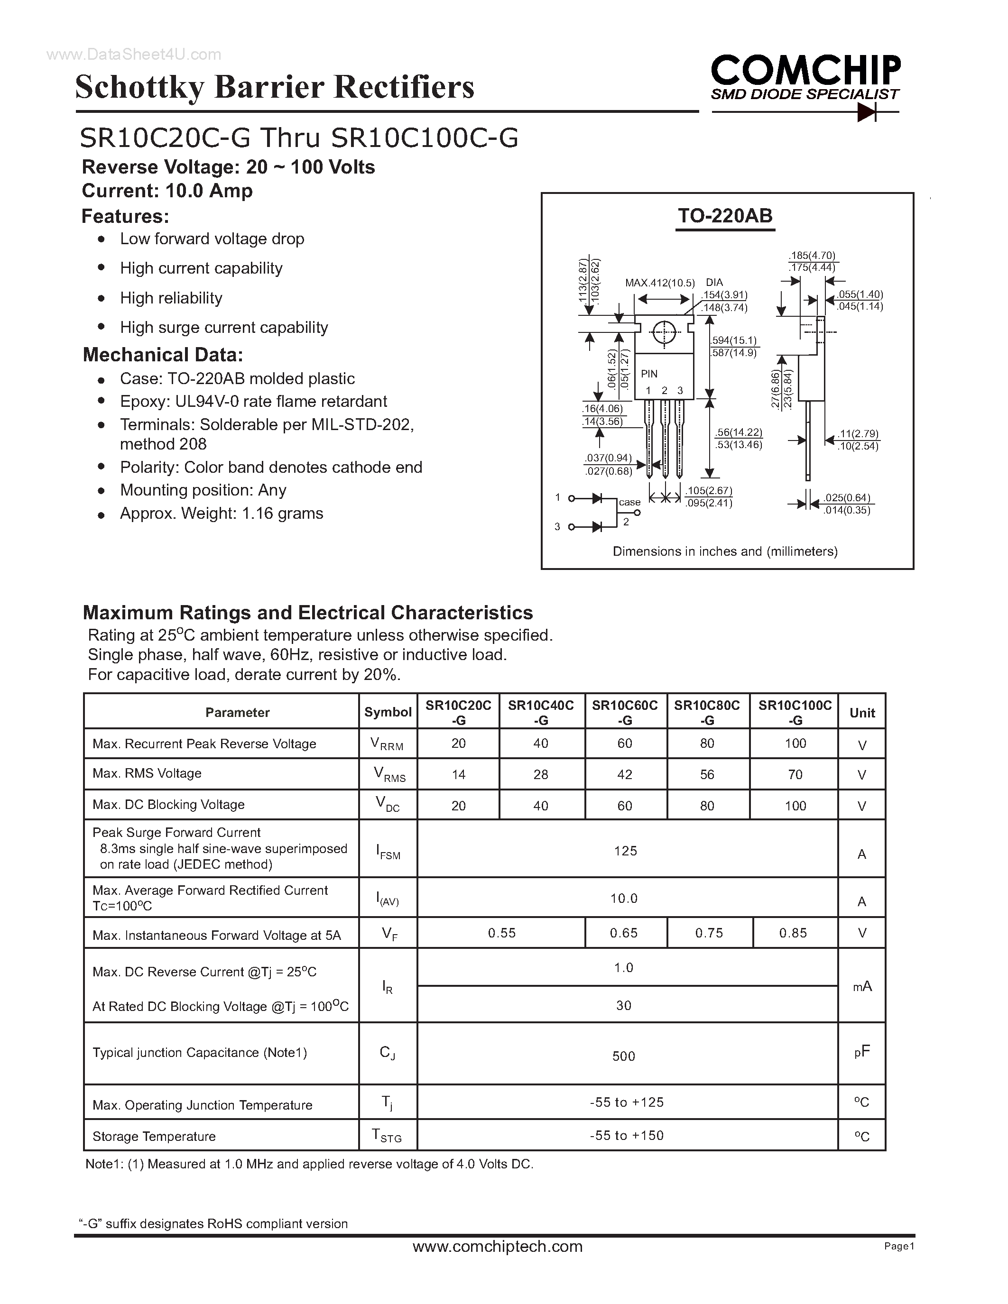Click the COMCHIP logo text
point(805,71)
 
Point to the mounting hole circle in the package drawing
point(664,332)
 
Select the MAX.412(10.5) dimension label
point(660,283)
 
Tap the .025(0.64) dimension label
point(847,497)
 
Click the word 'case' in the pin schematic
point(629,502)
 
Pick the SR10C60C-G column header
point(625,712)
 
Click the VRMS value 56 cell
point(707,774)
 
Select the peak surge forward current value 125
point(625,851)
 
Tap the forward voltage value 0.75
point(709,933)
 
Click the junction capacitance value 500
point(623,1056)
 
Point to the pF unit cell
point(862,1052)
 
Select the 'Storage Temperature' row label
point(154,1136)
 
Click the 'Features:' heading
point(125,216)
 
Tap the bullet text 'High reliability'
point(171,298)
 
